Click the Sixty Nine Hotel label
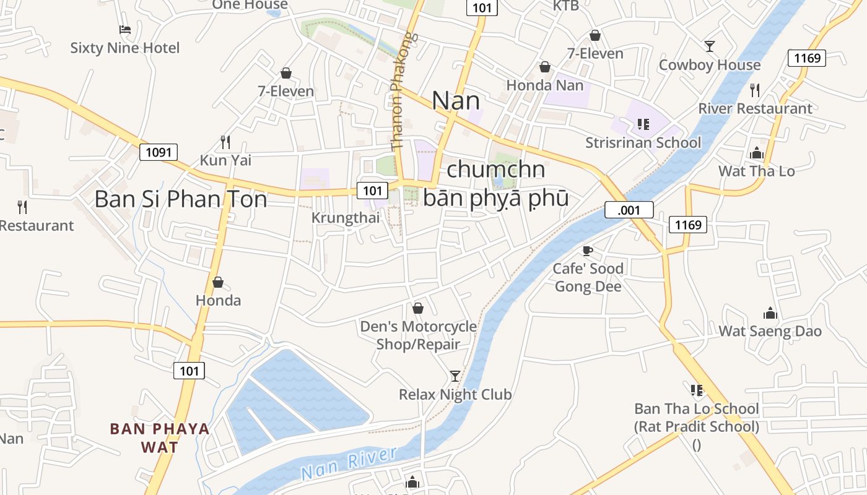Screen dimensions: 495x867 124,48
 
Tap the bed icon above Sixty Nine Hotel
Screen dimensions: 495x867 124,29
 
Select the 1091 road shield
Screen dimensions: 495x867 159,152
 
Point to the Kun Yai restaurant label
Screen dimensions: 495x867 225,160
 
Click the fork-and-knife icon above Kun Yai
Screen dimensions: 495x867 225,142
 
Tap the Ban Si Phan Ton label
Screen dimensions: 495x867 181,199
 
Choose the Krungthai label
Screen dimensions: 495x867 346,218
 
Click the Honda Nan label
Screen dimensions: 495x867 545,85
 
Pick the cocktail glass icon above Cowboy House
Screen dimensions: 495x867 710,46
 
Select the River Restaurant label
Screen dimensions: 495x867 755,108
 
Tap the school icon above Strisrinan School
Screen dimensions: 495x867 643,124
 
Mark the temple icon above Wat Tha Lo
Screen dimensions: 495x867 756,153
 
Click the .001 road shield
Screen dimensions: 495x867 629,210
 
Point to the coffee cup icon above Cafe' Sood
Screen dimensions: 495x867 588,251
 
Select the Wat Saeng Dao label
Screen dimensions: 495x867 770,331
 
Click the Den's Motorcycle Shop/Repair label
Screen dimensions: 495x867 419,335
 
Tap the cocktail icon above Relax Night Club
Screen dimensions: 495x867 455,376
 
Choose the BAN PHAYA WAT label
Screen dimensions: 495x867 160,437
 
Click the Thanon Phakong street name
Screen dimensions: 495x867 404,91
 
